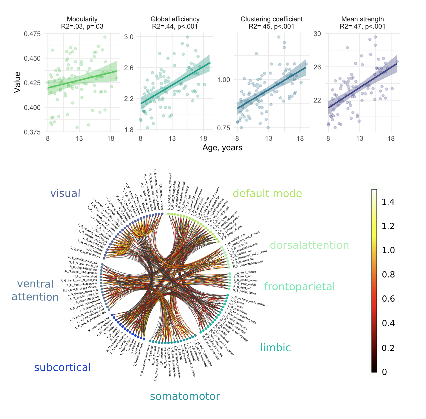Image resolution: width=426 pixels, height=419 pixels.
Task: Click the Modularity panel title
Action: [x=82, y=19]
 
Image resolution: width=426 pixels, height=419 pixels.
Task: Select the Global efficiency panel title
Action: [x=175, y=19]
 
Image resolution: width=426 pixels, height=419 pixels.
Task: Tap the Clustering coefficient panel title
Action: [x=272, y=19]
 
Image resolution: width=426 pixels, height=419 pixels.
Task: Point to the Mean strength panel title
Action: [x=362, y=19]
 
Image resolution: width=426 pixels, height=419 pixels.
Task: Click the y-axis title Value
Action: [x=17, y=82]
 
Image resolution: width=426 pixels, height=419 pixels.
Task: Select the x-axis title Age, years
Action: [x=222, y=148]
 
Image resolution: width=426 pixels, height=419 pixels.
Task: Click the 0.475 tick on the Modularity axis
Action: [x=32, y=34]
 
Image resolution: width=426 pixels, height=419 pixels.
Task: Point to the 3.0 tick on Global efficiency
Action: [x=129, y=37]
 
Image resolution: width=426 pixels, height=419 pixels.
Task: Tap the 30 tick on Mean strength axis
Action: [x=317, y=34]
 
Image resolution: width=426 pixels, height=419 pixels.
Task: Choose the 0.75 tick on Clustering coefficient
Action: [x=224, y=128]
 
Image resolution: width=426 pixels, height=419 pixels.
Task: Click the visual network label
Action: [x=65, y=193]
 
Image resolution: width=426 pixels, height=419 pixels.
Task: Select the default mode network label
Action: [x=267, y=194]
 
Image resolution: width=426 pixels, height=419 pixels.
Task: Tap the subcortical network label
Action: [x=62, y=367]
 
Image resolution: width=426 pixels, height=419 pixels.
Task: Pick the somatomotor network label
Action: [x=185, y=396]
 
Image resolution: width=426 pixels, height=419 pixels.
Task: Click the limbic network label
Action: [x=275, y=348]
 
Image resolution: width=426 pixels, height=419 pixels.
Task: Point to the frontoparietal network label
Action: [x=299, y=287]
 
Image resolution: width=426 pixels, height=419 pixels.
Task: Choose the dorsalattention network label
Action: [x=309, y=245]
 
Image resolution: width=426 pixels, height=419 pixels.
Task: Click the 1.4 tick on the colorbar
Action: [x=388, y=202]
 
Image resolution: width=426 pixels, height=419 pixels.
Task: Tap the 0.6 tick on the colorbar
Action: [x=388, y=299]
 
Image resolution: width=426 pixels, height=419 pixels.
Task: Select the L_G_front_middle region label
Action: [x=245, y=272]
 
